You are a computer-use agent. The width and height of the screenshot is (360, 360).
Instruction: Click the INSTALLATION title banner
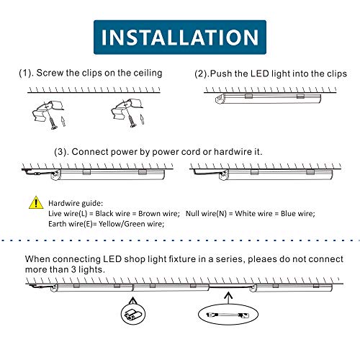click(180, 37)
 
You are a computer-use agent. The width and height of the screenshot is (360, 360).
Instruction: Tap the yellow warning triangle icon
click(35, 203)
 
